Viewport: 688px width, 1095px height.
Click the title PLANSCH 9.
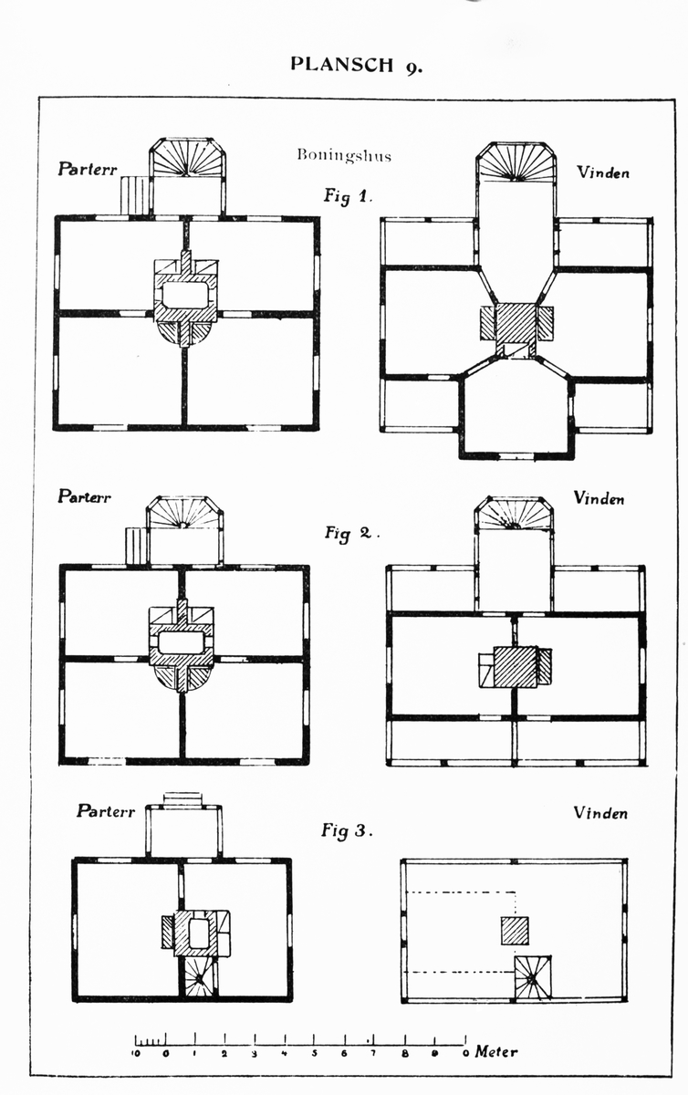pyautogui.click(x=357, y=64)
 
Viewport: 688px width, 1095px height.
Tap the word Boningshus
pyautogui.click(x=343, y=155)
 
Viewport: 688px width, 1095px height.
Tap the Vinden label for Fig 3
pyautogui.click(x=600, y=812)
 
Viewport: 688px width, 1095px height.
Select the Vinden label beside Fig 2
pyautogui.click(x=599, y=498)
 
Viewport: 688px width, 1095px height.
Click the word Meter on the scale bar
pyautogui.click(x=496, y=1052)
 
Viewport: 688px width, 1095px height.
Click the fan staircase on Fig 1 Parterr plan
pyautogui.click(x=187, y=158)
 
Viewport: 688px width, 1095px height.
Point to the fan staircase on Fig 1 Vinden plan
pyautogui.click(x=516, y=162)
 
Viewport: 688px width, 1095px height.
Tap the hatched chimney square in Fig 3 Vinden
pyautogui.click(x=515, y=931)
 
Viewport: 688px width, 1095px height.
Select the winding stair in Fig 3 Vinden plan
pyautogui.click(x=532, y=978)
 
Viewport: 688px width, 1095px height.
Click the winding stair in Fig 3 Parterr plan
pyautogui.click(x=198, y=978)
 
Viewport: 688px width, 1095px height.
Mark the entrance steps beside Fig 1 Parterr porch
pyautogui.click(x=135, y=195)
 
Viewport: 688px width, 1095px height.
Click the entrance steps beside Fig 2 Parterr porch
pyautogui.click(x=136, y=546)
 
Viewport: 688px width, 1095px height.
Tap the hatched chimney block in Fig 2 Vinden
pyautogui.click(x=516, y=666)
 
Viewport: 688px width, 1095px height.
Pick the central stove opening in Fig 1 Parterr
pyautogui.click(x=185, y=295)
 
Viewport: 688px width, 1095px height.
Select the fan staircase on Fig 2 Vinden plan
pyautogui.click(x=515, y=515)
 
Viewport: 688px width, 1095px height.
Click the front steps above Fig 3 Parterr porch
pyautogui.click(x=182, y=798)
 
